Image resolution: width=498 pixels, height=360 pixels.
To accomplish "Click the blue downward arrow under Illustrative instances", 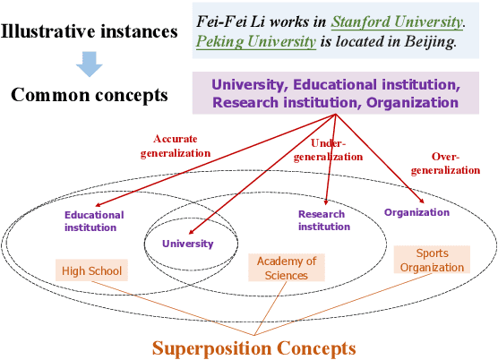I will coord(89,63).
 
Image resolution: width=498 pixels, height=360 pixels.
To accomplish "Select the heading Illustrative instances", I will coord(90,32).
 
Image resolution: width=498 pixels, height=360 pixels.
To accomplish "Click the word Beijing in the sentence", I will coord(434,41).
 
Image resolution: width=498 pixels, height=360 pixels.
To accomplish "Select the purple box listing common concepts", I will coord(335,93).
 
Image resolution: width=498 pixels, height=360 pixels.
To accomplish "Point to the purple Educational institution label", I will coord(94,220).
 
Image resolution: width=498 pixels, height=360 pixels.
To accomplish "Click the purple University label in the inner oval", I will coord(188,243).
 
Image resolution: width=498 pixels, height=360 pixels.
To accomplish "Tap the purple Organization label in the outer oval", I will coord(416,212).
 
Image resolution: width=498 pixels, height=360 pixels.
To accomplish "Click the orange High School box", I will coord(92,270).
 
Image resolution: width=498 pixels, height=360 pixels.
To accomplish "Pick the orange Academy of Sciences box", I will coord(287,268).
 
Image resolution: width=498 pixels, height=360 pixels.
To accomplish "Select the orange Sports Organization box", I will coord(433,261).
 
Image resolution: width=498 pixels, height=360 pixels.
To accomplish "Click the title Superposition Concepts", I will coord(253,347).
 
